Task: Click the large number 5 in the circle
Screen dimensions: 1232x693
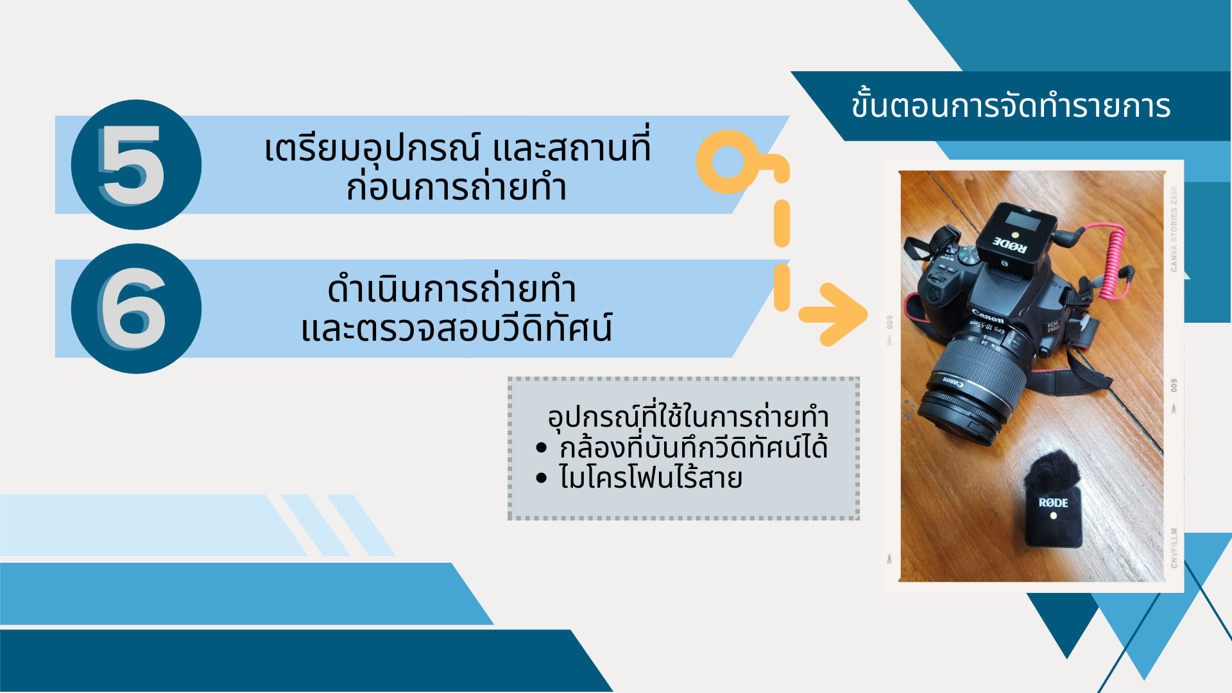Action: click(x=133, y=165)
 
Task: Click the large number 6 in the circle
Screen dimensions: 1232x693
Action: click(x=133, y=309)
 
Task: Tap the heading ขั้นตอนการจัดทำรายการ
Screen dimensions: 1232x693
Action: click(x=1011, y=105)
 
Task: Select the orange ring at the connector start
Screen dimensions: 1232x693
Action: click(x=728, y=162)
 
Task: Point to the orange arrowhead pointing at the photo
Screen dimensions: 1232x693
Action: click(x=834, y=314)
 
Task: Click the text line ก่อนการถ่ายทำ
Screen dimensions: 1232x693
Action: click(x=456, y=187)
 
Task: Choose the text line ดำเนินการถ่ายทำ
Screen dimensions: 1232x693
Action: click(x=452, y=290)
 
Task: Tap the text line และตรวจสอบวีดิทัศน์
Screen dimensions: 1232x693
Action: click(x=456, y=328)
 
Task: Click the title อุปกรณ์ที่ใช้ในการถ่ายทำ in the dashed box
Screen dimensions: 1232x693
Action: click(x=688, y=417)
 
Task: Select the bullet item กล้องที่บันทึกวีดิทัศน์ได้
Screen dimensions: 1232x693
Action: click(x=693, y=447)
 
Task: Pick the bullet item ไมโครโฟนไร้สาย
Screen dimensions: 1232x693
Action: click(x=651, y=478)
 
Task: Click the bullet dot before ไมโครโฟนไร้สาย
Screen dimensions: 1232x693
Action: click(x=542, y=478)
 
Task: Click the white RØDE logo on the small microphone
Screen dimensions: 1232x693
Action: click(x=1053, y=502)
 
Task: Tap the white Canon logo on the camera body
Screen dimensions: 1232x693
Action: click(x=988, y=316)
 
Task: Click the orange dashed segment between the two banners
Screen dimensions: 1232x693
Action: click(x=782, y=223)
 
